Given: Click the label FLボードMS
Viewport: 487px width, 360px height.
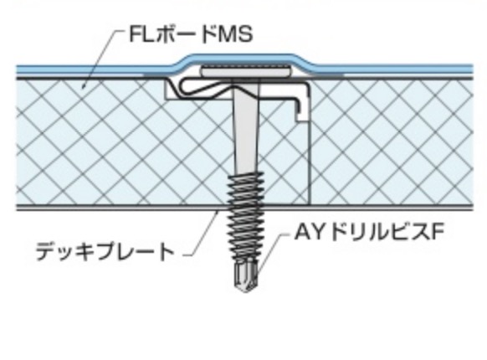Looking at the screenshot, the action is [x=191, y=34].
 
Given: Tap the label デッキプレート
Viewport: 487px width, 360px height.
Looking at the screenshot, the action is [x=105, y=251].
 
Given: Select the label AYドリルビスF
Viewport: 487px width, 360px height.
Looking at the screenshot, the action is [x=367, y=232].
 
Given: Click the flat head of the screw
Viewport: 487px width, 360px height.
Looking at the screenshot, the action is [x=246, y=72].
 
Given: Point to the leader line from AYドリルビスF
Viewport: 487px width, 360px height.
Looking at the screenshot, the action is [x=271, y=252].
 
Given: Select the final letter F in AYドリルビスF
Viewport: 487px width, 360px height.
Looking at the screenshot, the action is [x=435, y=232].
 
